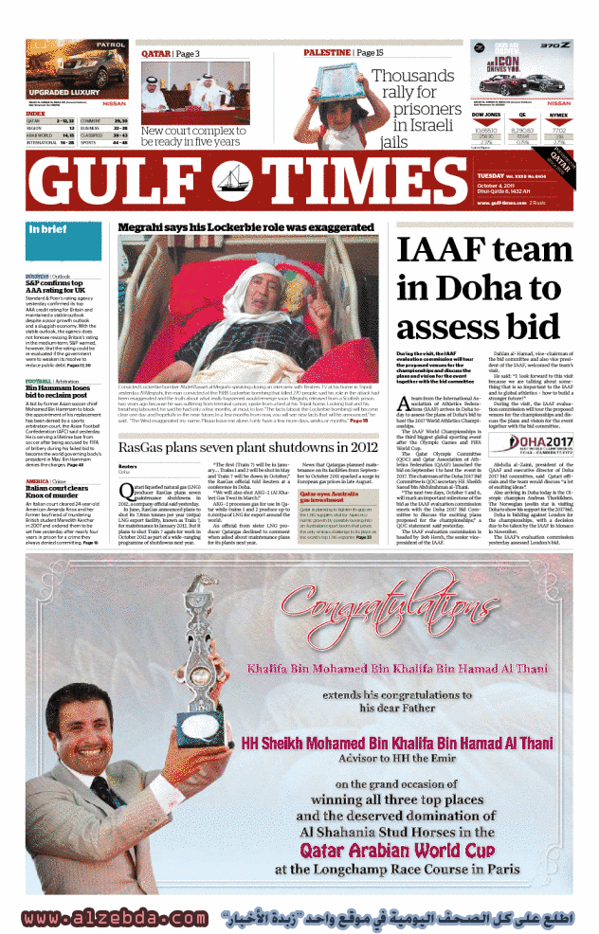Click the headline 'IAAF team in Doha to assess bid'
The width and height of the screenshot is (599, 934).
[484, 289]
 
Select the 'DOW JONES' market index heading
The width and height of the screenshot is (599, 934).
[486, 115]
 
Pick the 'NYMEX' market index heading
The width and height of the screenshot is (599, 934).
[559, 115]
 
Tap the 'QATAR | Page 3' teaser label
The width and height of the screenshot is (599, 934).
[171, 54]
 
